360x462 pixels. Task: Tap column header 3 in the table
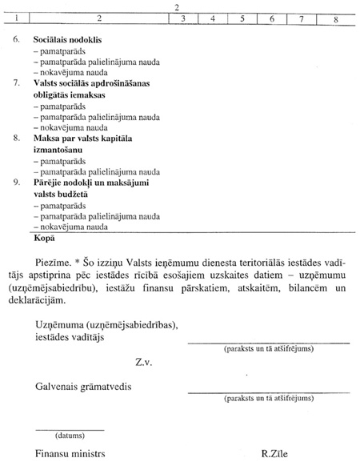pyautogui.click(x=183, y=18)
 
